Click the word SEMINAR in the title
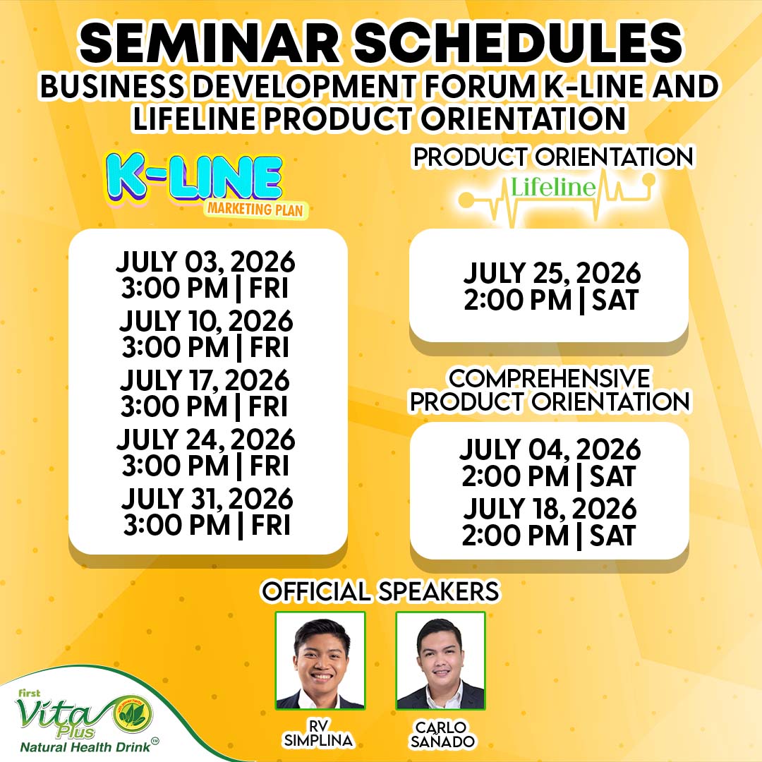point(210,43)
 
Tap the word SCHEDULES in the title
point(519,43)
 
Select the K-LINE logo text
point(195,178)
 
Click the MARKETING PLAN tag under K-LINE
point(255,210)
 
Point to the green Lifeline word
point(553,187)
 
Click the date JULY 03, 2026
point(205,262)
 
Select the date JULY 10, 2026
point(206,321)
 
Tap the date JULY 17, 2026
point(205,380)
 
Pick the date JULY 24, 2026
point(205,440)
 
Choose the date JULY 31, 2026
point(207,499)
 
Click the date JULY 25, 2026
point(552,273)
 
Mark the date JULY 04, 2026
point(550,449)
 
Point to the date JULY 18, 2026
point(550,509)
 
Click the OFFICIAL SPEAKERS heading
point(380,591)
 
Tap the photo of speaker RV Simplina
point(320,660)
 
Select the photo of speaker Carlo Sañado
point(440,660)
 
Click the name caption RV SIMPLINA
point(319,733)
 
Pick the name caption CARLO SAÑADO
point(442,734)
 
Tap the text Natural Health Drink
point(86,747)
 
